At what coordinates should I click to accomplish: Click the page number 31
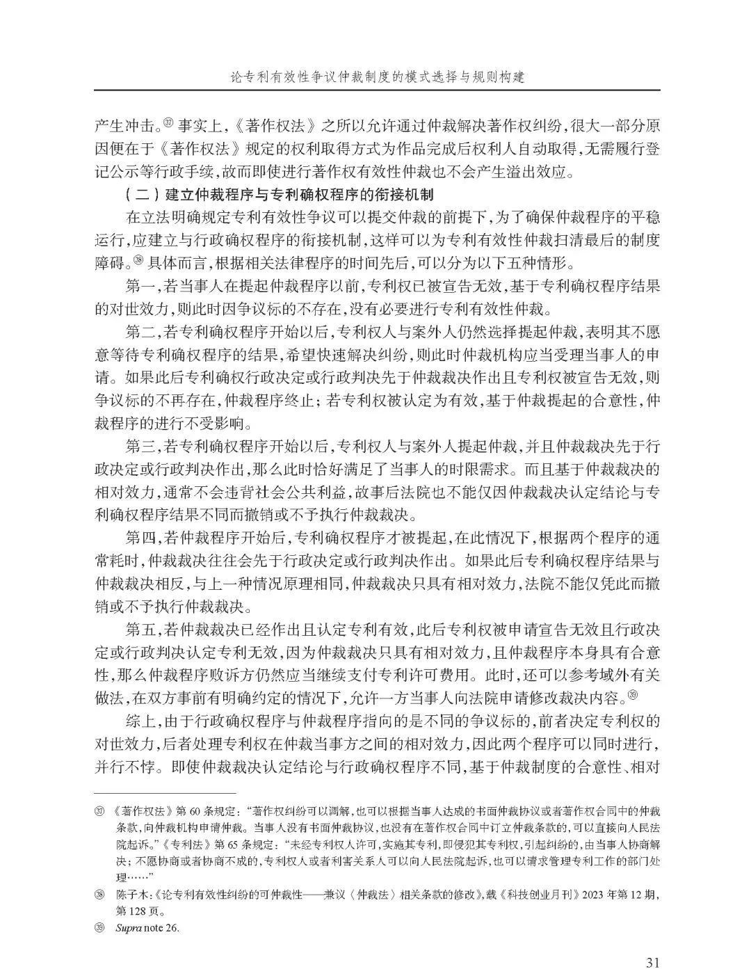[x=652, y=943]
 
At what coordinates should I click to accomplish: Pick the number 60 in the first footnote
[x=196, y=812]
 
